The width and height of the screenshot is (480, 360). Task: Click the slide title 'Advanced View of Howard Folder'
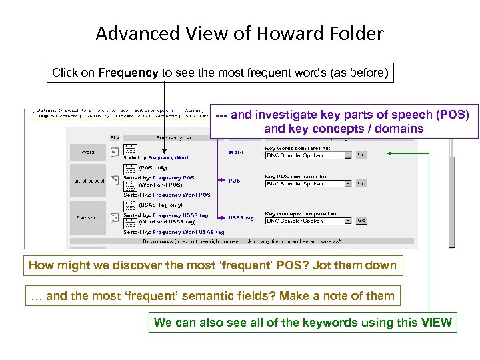click(x=239, y=33)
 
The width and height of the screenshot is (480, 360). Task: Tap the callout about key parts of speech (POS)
click(x=343, y=121)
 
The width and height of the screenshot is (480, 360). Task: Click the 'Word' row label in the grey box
click(x=87, y=153)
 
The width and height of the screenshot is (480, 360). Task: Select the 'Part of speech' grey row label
click(x=87, y=181)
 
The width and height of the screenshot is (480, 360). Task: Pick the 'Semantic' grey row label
click(x=87, y=217)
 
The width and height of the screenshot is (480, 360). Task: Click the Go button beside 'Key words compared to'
click(x=361, y=155)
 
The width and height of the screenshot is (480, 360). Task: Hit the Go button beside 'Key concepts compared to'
click(x=361, y=220)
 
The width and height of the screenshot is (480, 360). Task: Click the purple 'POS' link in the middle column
click(x=235, y=181)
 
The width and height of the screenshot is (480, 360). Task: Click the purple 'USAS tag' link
click(x=240, y=217)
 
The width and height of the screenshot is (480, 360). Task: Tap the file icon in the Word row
click(x=115, y=153)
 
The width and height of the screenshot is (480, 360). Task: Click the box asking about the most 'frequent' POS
click(x=213, y=266)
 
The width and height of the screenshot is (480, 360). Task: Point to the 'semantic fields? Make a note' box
click(x=213, y=295)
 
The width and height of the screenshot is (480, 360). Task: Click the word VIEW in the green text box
click(x=435, y=323)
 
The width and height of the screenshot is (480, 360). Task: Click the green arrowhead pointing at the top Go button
click(x=390, y=153)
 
